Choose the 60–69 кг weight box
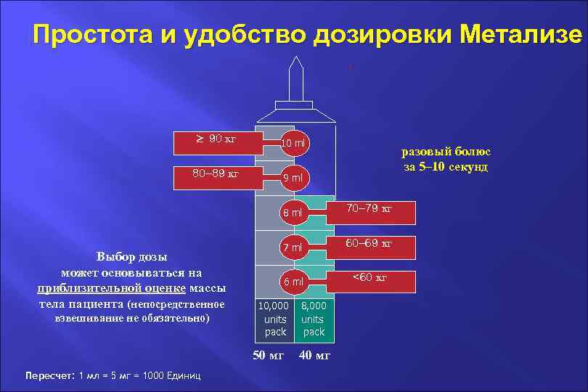(369, 245)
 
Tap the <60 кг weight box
(369, 279)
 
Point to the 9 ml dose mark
(294, 177)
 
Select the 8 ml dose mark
(293, 213)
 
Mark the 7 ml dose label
(293, 248)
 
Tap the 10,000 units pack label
(275, 319)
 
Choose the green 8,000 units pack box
(314, 319)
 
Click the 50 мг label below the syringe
(269, 355)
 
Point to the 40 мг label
(314, 355)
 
